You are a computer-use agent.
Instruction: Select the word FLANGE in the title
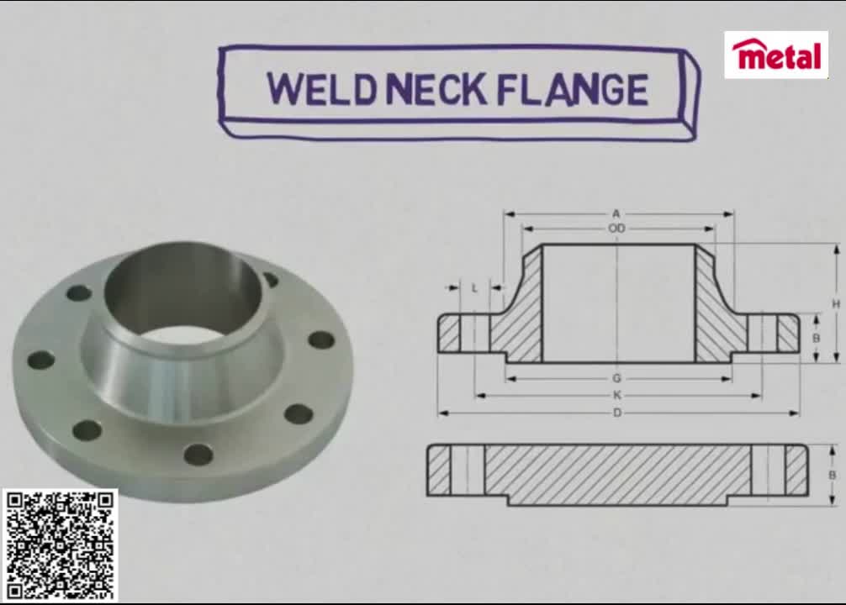point(573,90)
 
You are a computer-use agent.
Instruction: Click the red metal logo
point(775,55)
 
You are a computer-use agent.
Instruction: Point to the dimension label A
point(616,214)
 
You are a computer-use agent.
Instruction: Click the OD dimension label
point(616,229)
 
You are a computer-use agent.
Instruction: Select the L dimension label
point(474,288)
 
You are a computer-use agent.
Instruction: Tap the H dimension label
point(836,303)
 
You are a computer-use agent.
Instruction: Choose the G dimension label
point(616,379)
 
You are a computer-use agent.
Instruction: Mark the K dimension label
point(616,395)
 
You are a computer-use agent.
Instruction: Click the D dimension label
point(616,413)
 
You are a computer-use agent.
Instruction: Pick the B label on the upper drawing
point(816,338)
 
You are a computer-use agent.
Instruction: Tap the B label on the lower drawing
point(833,475)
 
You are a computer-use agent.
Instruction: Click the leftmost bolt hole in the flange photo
point(40,360)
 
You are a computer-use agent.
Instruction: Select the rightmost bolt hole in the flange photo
point(320,340)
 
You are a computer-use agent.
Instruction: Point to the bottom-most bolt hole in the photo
point(198,455)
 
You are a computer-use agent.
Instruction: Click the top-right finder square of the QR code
point(104,502)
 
